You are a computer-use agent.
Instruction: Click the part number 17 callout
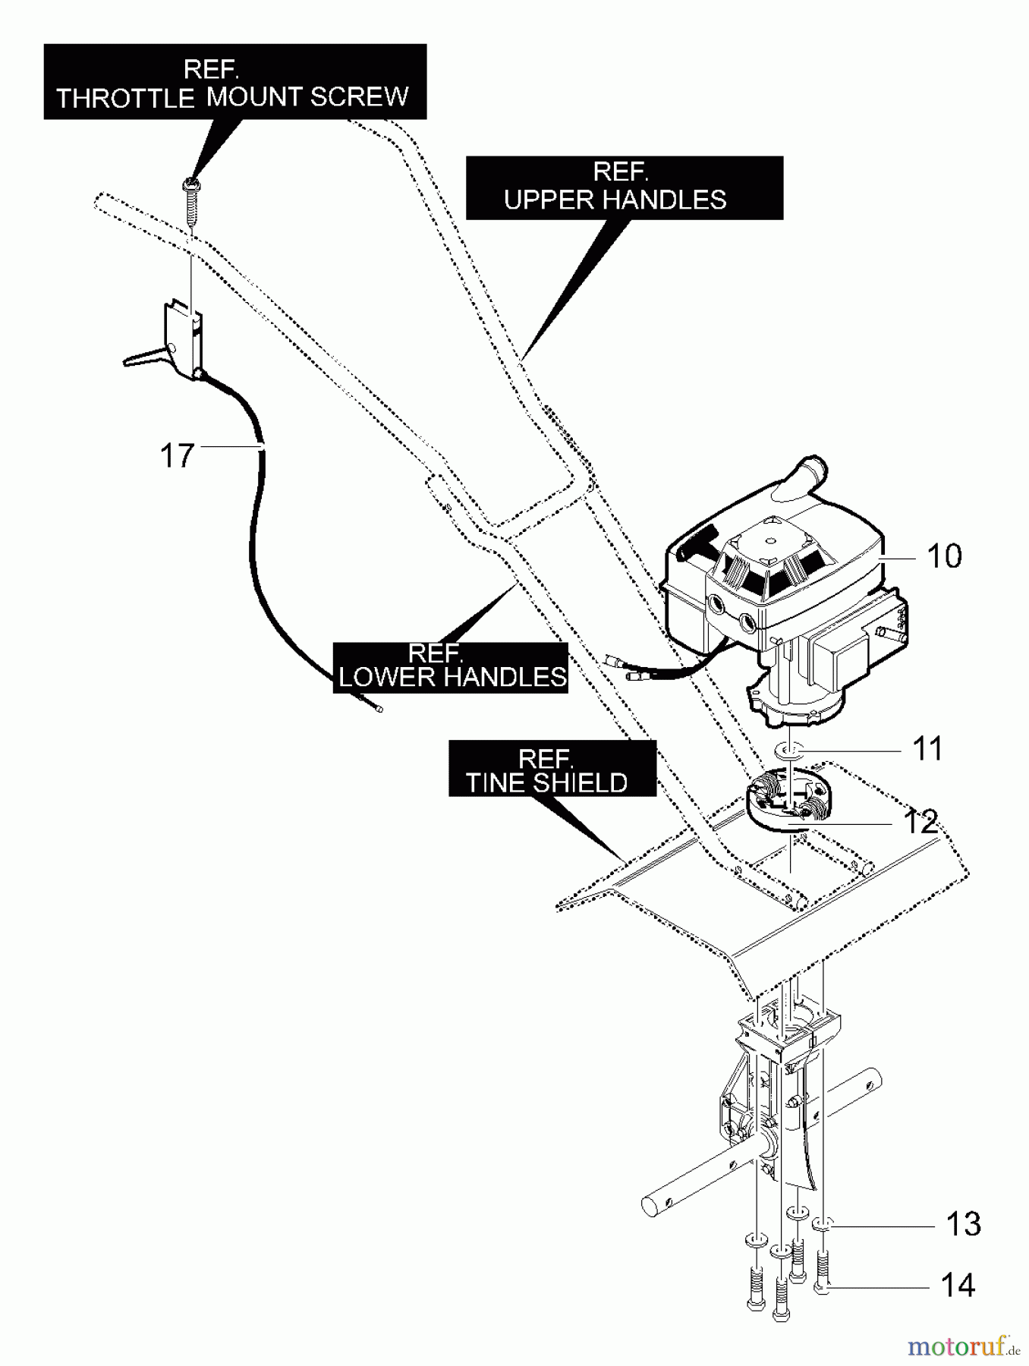click(x=178, y=456)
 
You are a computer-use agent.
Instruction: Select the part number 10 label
click(x=944, y=556)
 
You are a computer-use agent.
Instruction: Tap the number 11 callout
click(x=927, y=748)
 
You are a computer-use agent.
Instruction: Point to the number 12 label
click(x=920, y=822)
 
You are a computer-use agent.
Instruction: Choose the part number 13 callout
click(x=963, y=1224)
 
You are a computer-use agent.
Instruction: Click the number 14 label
click(x=957, y=1286)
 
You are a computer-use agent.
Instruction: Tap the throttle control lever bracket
click(x=182, y=338)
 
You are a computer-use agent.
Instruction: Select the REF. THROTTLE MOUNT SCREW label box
click(x=234, y=82)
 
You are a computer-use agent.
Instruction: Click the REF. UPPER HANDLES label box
click(x=624, y=187)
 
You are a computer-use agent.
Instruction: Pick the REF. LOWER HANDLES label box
click(x=451, y=667)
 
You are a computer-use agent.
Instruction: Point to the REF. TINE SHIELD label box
click(x=552, y=769)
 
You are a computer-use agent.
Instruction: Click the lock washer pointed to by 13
click(x=823, y=1223)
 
